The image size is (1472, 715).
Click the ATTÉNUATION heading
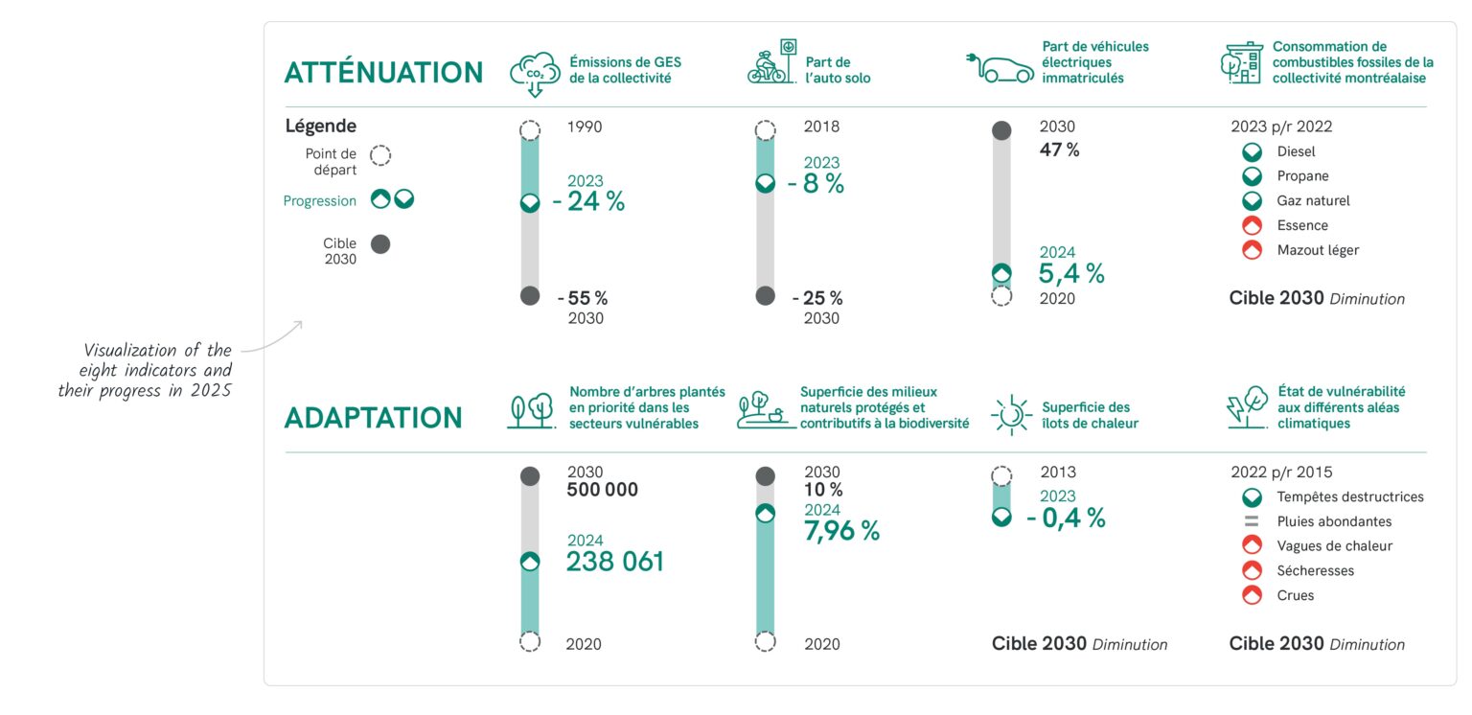(383, 73)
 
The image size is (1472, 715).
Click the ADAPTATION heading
(373, 418)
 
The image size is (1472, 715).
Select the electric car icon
(999, 67)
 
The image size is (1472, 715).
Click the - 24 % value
(588, 201)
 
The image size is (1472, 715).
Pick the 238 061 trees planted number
(614, 562)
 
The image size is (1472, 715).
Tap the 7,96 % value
(841, 530)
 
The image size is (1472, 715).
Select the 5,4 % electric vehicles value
(1071, 273)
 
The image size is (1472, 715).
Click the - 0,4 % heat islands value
(1065, 518)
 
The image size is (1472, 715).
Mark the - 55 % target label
(582, 298)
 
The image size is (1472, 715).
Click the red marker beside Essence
(1251, 226)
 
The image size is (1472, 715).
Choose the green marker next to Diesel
(1251, 152)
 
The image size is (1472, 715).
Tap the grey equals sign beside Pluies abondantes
(1251, 522)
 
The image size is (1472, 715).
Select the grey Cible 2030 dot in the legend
(380, 244)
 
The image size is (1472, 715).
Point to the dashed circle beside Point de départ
(380, 155)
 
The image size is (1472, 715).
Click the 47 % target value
(1059, 150)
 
